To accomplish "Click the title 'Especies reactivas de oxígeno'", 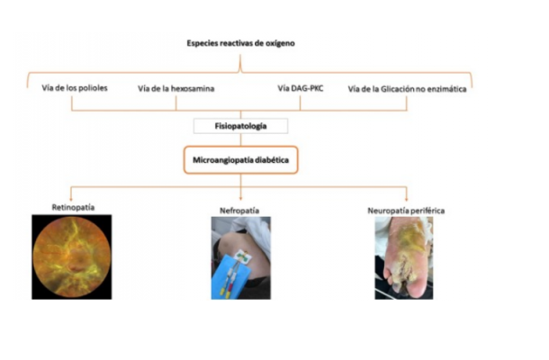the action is (x=240, y=43).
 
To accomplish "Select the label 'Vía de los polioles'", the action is (x=75, y=87).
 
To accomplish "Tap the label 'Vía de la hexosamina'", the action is (x=175, y=88).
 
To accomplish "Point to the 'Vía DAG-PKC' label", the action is (x=301, y=88).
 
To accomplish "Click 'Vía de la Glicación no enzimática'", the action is (x=407, y=89).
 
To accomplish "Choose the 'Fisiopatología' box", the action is (x=240, y=126).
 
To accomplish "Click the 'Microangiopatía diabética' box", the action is (x=241, y=160).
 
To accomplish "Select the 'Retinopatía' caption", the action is (x=73, y=207).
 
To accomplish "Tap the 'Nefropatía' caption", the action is (x=239, y=211).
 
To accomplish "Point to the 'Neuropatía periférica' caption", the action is (x=406, y=211).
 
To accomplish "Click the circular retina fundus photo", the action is (x=72, y=257).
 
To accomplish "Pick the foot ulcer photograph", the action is (x=404, y=258).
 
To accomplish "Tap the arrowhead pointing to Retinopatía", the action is (x=71, y=199).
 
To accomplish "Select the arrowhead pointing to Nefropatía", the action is (x=240, y=199).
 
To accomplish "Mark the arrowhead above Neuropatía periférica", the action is (x=407, y=199).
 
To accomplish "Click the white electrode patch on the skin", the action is (x=243, y=256).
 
